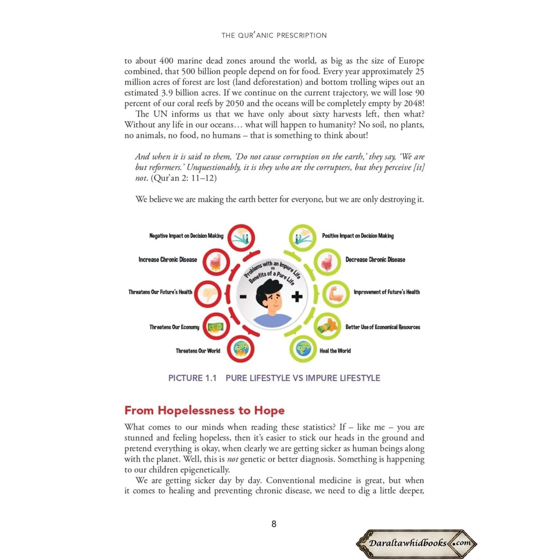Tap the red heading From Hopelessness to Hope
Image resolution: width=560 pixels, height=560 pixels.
(204, 410)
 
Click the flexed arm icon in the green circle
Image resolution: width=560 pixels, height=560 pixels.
(336, 294)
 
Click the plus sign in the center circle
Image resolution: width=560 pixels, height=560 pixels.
(296, 296)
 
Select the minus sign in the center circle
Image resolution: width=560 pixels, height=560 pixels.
(243, 296)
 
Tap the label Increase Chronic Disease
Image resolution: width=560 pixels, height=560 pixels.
(168, 260)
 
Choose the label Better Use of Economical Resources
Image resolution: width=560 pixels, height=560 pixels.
(383, 327)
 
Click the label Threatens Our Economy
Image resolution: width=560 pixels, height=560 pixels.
(174, 327)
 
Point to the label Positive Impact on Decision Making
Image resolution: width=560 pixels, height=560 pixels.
(358, 236)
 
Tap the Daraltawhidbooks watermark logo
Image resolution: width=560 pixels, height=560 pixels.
(417, 542)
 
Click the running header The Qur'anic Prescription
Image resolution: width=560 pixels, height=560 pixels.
(274, 35)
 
